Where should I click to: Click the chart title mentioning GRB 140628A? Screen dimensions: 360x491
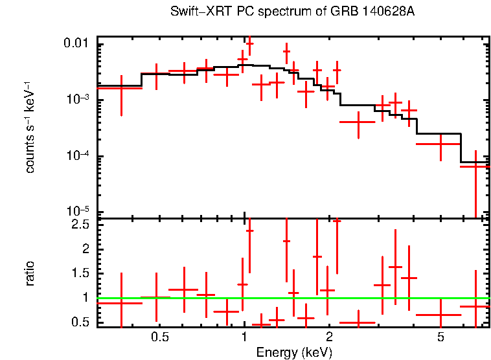tap(292, 12)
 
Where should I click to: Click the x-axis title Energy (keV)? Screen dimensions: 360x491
tap(293, 352)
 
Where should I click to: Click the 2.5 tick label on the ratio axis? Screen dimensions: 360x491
tap(80, 225)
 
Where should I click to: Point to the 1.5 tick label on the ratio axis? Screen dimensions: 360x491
tap(80, 273)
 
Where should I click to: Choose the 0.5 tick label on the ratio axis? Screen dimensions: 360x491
tap(80, 322)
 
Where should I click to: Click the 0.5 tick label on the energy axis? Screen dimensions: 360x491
tap(159, 337)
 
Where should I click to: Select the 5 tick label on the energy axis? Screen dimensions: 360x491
tap(440, 337)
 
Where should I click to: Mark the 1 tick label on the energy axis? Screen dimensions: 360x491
tap(244, 337)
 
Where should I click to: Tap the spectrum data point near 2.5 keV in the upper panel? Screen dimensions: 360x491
tap(358, 121)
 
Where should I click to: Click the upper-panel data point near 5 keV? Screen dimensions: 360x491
tap(440, 144)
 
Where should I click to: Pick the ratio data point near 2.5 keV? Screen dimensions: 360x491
tap(358, 322)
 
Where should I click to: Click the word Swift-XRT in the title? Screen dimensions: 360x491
tap(199, 12)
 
